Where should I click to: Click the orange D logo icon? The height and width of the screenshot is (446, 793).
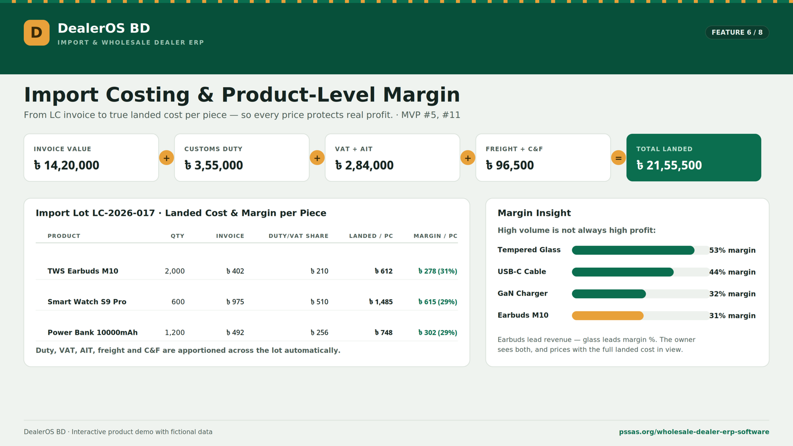(x=37, y=33)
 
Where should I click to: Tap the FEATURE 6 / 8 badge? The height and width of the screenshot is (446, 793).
(x=737, y=32)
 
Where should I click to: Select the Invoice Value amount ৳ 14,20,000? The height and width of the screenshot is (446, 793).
(x=66, y=166)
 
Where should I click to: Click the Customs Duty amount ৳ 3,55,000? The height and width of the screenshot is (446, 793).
(x=214, y=166)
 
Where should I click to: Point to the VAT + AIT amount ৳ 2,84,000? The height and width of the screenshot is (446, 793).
(x=364, y=166)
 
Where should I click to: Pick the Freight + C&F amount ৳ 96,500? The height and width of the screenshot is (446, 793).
(x=510, y=166)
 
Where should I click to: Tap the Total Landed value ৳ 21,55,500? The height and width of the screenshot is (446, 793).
(x=669, y=166)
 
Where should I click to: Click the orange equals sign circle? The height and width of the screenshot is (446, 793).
(x=619, y=158)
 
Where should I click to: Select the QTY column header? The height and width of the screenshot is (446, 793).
(x=177, y=236)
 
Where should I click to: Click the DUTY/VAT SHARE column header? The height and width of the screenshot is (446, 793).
(x=298, y=236)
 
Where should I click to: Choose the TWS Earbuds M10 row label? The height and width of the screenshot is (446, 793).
(x=83, y=271)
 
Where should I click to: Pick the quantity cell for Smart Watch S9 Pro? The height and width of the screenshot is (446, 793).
(x=178, y=302)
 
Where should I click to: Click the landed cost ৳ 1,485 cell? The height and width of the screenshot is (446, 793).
(x=381, y=302)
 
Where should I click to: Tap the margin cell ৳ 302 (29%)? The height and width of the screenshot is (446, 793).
(x=438, y=333)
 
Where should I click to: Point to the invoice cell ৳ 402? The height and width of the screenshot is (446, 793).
(x=235, y=271)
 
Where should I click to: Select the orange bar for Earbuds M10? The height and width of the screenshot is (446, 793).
(x=608, y=316)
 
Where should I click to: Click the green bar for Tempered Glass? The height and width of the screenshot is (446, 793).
(x=633, y=250)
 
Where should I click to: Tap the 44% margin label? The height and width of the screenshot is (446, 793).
(x=732, y=272)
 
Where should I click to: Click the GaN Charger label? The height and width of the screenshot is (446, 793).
(x=522, y=293)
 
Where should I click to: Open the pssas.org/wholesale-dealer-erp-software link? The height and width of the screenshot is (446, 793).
(x=694, y=432)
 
